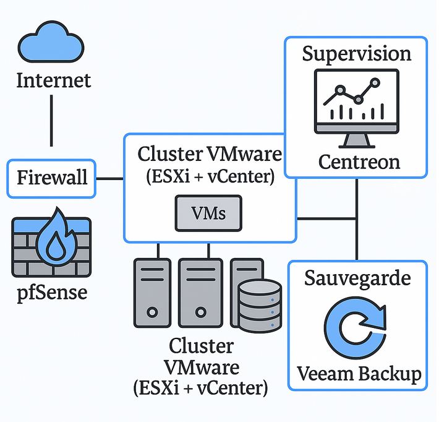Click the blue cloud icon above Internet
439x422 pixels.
pyautogui.click(x=51, y=43)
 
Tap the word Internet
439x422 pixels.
pyautogui.click(x=54, y=80)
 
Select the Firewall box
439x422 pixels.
pyautogui.click(x=51, y=178)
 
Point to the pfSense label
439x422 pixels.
pyautogui.click(x=52, y=293)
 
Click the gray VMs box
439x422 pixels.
pyautogui.click(x=208, y=213)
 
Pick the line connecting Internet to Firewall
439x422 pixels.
pyautogui.click(x=51, y=121)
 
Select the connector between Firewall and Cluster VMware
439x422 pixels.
pyautogui.click(x=110, y=178)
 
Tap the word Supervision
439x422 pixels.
pyautogui.click(x=357, y=54)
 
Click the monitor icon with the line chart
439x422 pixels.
pyautogui.click(x=357, y=108)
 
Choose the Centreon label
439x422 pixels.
pyautogui.click(x=359, y=162)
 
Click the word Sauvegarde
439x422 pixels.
pyautogui.click(x=357, y=278)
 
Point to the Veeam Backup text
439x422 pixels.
pyautogui.click(x=359, y=374)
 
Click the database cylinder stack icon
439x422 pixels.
pyautogui.click(x=260, y=306)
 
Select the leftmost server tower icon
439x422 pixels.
pyautogui.click(x=152, y=293)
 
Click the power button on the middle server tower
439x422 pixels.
pyautogui.click(x=200, y=312)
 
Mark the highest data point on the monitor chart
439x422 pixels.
pyautogui.click(x=375, y=83)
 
